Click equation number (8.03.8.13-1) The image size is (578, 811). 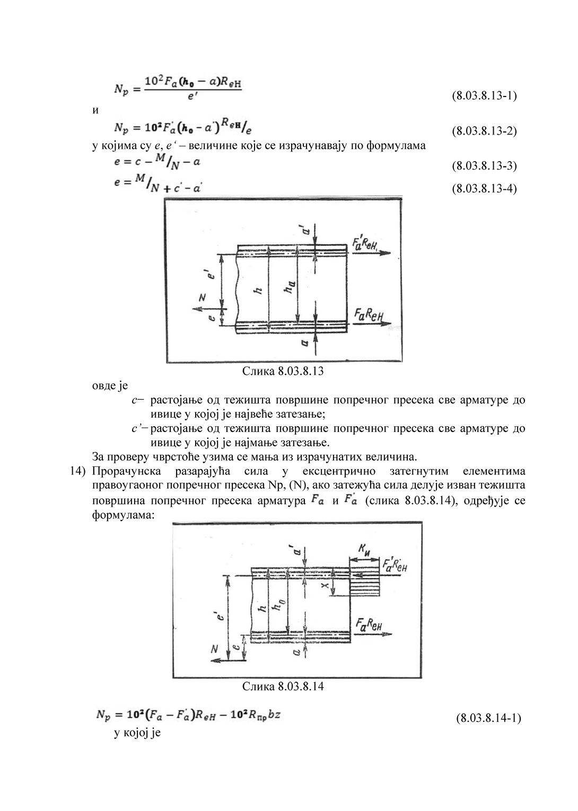[484, 96]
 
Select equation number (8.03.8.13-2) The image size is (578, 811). [484, 131]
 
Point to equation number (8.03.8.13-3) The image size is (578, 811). [484, 165]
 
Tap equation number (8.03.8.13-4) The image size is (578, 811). [484, 189]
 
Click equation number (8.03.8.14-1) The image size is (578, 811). [488, 718]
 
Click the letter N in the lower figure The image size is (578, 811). [215, 649]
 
